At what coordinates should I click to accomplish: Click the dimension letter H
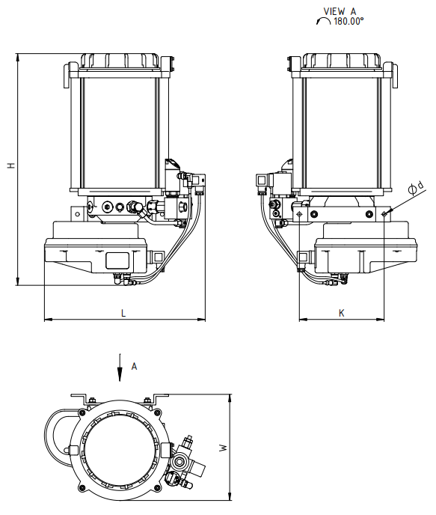tap(12, 165)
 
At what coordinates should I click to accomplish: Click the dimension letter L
tap(123, 313)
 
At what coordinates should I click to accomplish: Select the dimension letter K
tap(342, 313)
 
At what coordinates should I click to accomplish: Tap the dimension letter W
tap(224, 448)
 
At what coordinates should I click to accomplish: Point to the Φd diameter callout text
tap(416, 188)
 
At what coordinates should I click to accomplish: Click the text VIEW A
tap(340, 11)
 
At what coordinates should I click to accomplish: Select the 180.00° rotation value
tap(349, 22)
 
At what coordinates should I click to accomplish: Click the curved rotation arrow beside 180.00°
tap(323, 20)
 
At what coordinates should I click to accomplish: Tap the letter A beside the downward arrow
tap(134, 366)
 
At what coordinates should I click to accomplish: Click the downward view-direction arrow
tap(120, 368)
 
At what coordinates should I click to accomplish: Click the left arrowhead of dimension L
tap(49, 319)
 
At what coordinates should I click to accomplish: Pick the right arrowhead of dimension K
tap(380, 319)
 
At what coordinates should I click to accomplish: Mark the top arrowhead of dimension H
tap(17, 58)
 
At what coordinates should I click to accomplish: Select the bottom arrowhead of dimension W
tap(230, 496)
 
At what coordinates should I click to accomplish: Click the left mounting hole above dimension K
tap(299, 214)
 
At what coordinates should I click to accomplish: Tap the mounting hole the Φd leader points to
tap(384, 214)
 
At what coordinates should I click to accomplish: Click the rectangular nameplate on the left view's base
tap(117, 260)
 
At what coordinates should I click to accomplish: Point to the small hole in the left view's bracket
tap(78, 214)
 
